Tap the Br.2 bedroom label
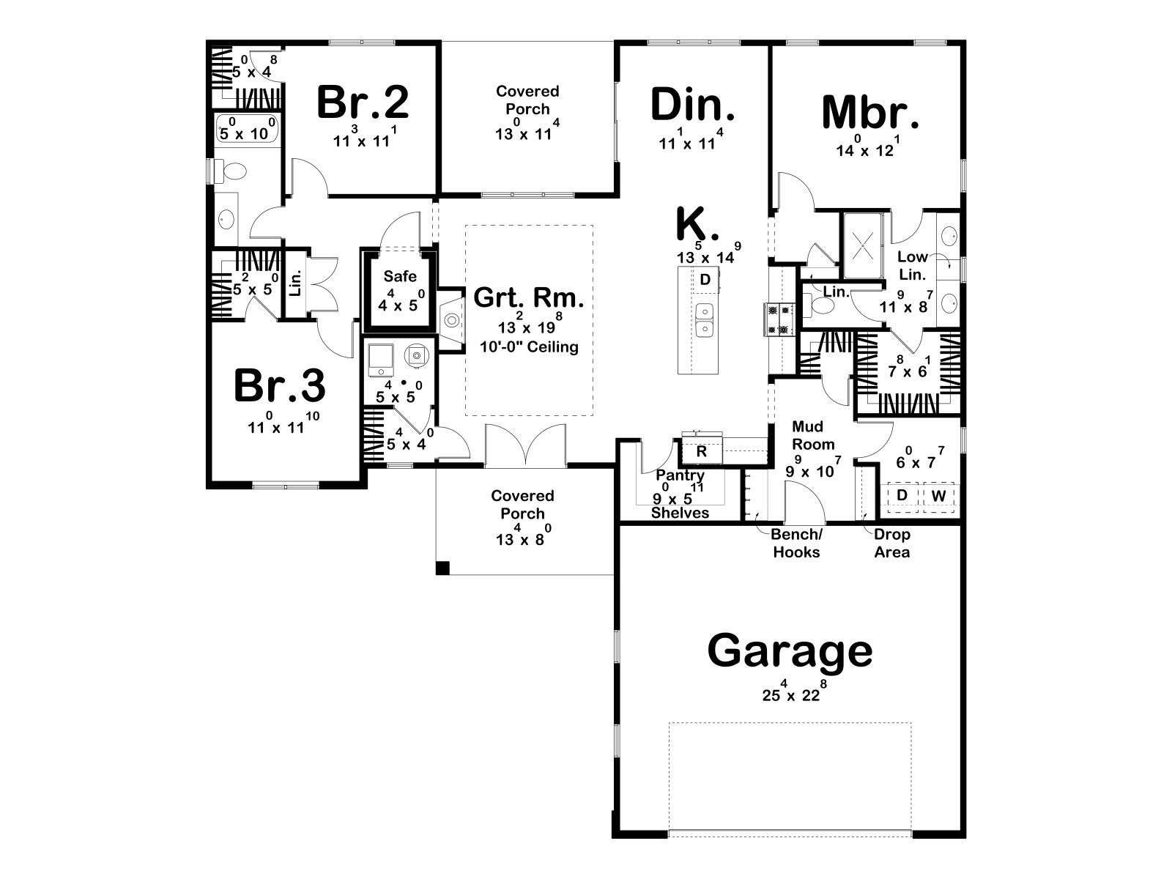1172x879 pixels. pos(363,103)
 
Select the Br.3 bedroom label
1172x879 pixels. pos(279,386)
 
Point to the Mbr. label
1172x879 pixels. pos(870,112)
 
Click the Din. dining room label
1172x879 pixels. pos(692,105)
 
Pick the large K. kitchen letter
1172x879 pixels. pos(697,224)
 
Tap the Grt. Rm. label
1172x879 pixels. pos(529,298)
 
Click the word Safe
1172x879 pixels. pos(400,276)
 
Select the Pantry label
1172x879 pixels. pos(680,475)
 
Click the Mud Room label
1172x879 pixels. pos(812,436)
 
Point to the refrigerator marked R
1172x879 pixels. pos(702,451)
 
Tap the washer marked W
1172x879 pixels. pos(938,497)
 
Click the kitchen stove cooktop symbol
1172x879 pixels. pos(779,319)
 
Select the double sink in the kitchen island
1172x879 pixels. pos(704,320)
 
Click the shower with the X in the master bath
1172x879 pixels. pos(862,245)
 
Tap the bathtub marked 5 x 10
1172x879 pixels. pos(248,128)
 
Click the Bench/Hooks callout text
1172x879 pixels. pos(796,544)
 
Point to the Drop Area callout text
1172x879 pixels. pos(892,544)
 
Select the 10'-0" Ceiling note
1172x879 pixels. pos(529,347)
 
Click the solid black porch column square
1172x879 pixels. pos(442,568)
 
